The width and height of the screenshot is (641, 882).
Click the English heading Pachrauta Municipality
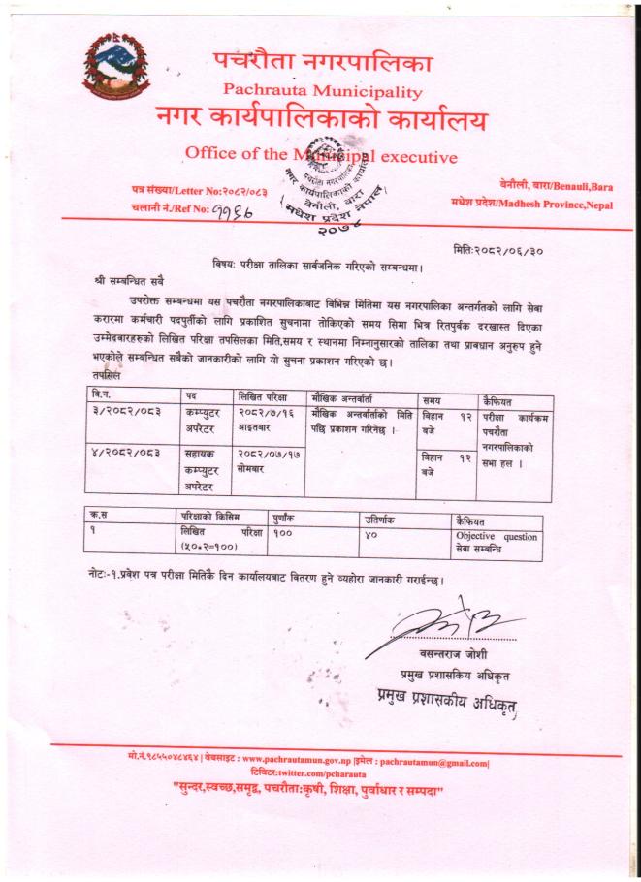[323, 92]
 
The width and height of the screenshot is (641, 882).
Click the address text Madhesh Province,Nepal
[530, 205]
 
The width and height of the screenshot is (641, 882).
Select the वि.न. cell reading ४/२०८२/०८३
[117, 453]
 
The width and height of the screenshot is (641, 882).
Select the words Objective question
[496, 535]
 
